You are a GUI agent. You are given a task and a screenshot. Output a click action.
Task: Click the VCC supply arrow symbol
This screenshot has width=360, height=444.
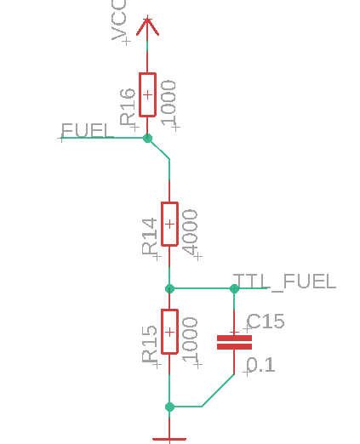(147, 26)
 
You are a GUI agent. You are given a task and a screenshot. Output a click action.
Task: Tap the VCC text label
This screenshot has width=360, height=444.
(118, 20)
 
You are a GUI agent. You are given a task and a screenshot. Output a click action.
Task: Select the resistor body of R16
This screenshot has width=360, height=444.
(147, 94)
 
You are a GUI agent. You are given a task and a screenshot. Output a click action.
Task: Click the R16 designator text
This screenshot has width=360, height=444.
(127, 106)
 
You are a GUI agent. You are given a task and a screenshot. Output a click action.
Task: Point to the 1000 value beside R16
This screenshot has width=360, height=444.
(169, 103)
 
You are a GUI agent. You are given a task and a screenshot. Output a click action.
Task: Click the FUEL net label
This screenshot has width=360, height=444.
(88, 130)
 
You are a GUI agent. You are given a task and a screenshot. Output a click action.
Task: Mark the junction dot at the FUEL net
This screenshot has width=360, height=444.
(147, 138)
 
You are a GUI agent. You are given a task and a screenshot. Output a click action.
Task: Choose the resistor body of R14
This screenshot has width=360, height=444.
(169, 224)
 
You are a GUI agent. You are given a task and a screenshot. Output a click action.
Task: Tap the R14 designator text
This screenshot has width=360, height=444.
(149, 236)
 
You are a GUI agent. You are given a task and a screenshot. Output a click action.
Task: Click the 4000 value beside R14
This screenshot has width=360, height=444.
(190, 232)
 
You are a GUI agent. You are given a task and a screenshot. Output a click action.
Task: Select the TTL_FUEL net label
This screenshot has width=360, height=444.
(284, 282)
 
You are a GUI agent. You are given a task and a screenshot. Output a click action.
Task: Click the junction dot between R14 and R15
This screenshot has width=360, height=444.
(169, 288)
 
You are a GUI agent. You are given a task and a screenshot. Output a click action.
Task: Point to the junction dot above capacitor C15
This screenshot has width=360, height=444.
(234, 288)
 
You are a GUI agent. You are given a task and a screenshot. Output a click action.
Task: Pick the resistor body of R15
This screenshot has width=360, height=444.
(169, 332)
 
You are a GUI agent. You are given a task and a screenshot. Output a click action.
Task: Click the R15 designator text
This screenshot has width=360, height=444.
(149, 344)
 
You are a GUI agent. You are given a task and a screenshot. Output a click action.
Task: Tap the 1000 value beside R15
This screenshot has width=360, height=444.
(190, 339)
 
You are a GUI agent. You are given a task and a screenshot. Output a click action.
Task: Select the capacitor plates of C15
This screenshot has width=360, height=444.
(234, 342)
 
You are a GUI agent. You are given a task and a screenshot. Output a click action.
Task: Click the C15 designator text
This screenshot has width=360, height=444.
(266, 322)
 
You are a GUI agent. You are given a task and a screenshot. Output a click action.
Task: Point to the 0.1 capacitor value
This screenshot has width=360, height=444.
(260, 365)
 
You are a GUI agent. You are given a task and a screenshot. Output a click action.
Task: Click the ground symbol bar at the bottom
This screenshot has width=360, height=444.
(169, 439)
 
